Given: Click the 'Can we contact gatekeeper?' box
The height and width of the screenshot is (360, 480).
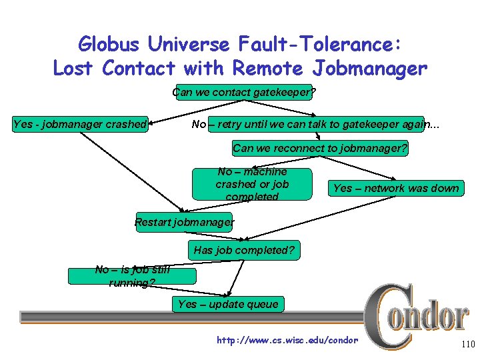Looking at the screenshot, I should tap(244, 93).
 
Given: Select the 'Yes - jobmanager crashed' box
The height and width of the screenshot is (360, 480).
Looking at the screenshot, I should tap(80, 123).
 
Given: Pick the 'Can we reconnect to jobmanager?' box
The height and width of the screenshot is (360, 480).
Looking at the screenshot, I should tap(320, 148).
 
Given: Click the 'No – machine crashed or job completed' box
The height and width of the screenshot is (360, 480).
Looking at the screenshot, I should tap(252, 184).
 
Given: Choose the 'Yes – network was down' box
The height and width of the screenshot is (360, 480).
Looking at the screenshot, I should tap(396, 188).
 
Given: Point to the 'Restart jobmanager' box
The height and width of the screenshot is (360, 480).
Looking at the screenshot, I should tap(184, 221).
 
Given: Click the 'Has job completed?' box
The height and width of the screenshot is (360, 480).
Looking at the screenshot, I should tap(244, 251).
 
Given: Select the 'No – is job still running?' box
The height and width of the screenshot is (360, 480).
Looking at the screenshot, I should tap(133, 276).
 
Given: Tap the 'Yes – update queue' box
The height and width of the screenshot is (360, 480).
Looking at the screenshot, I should tap(228, 304).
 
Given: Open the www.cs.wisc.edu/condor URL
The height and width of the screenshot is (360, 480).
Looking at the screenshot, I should tap(287, 341).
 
